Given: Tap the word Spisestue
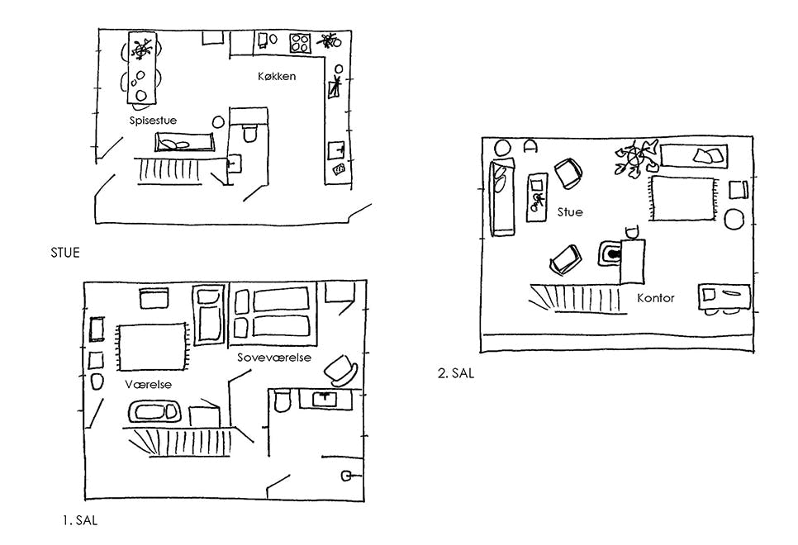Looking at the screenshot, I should click(x=153, y=121).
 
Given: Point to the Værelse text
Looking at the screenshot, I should click(x=148, y=386).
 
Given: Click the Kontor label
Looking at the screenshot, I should click(x=656, y=298).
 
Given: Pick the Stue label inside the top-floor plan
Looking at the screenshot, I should click(x=569, y=212).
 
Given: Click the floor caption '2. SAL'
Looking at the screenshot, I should click(x=456, y=373).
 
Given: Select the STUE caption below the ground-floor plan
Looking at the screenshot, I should click(x=65, y=253).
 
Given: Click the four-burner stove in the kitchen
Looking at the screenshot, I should click(x=299, y=41).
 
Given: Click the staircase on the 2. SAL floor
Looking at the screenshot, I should click(x=574, y=296).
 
